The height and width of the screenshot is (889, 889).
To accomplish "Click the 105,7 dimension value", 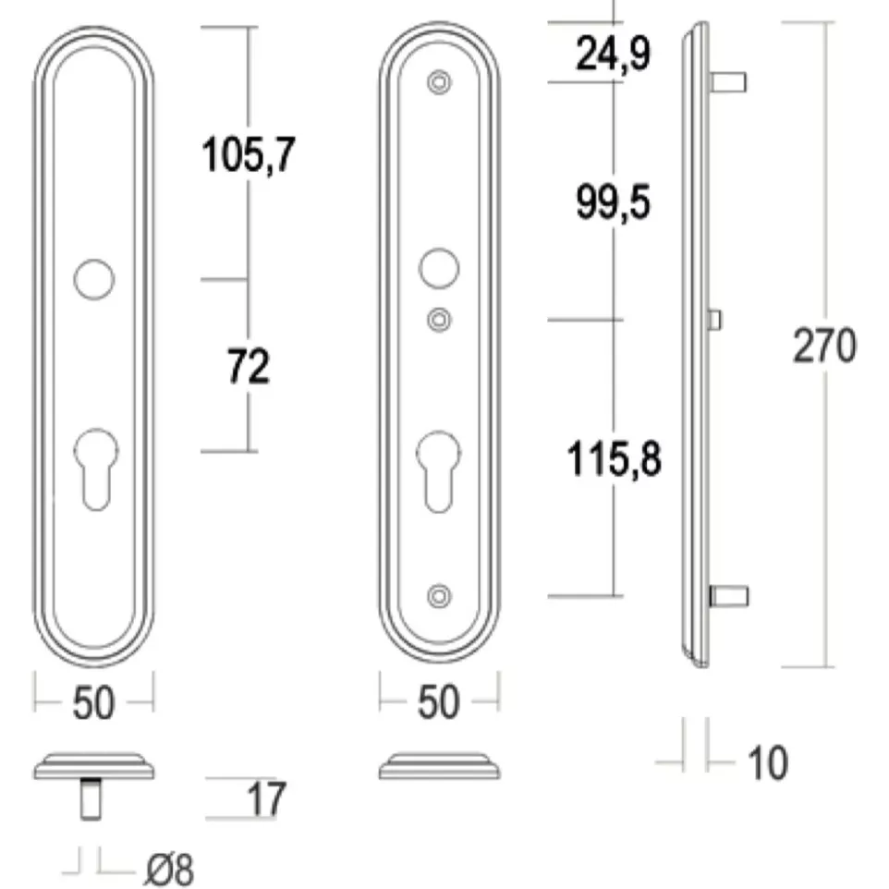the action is (x=249, y=154).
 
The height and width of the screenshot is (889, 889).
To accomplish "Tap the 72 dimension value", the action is (x=249, y=367).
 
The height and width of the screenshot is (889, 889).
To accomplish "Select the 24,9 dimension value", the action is (x=613, y=54).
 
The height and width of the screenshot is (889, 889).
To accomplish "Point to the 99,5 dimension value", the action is (x=613, y=202).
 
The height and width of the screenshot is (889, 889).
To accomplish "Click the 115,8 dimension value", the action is (x=614, y=458).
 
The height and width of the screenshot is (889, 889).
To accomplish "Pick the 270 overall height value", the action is (x=824, y=346).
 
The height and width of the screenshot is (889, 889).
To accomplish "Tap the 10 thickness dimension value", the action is (x=768, y=762).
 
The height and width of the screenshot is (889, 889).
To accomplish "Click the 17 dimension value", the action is (x=266, y=799).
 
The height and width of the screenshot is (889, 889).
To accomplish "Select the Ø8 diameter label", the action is (x=169, y=869).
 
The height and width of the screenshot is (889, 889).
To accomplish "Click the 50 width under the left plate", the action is (x=93, y=703).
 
